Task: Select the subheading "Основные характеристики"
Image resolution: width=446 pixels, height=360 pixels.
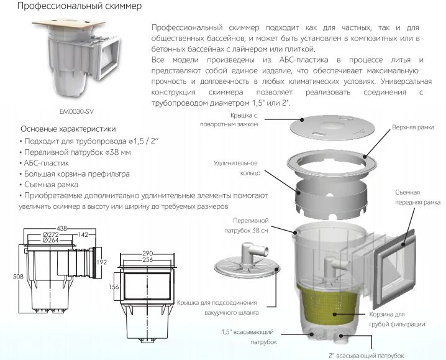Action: [68, 129]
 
